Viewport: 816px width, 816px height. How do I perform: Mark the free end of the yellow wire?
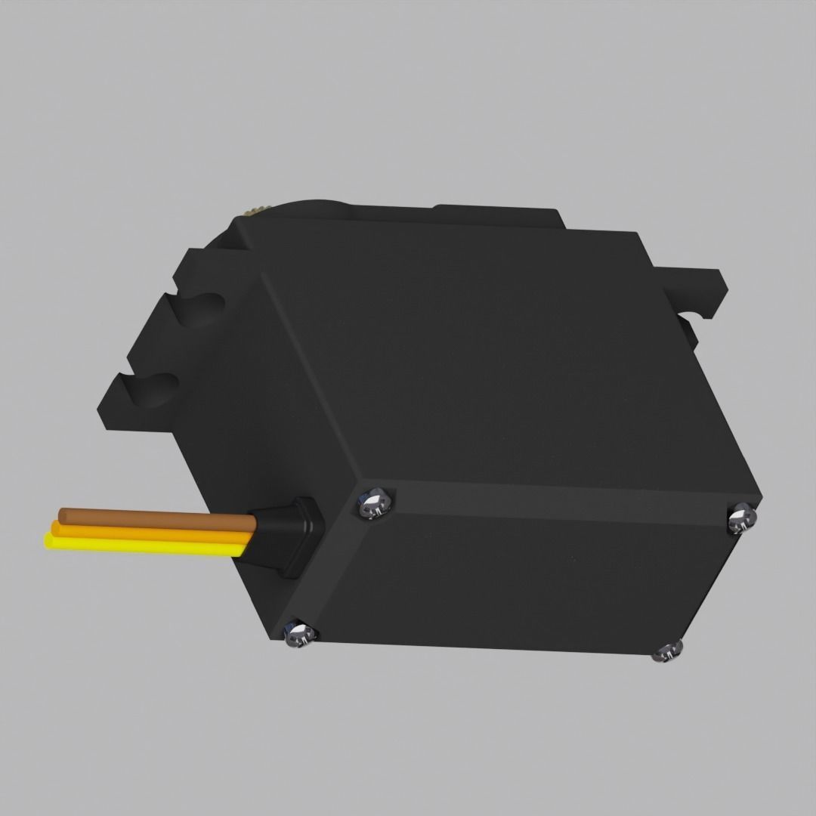(49, 540)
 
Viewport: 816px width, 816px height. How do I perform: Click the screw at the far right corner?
(741, 519)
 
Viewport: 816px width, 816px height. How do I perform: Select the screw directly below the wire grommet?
(298, 633)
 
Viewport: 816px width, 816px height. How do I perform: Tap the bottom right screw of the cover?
(668, 651)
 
